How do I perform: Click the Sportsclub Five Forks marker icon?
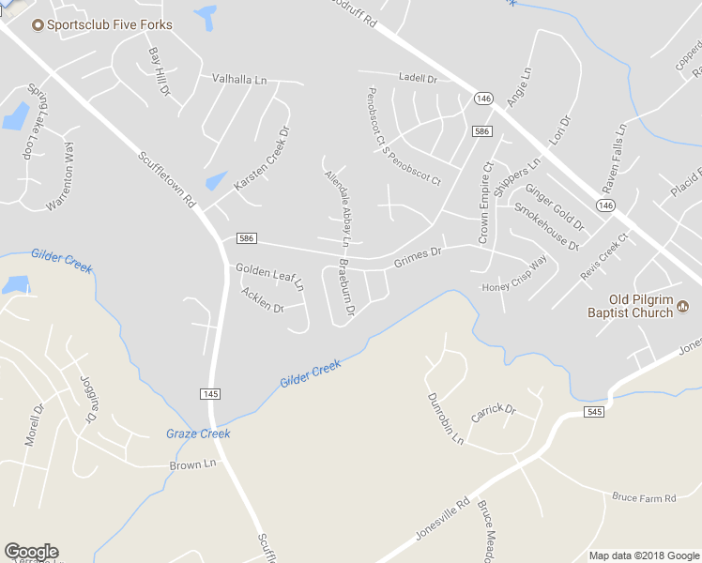coord(38,24)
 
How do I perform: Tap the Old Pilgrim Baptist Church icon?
coord(682,305)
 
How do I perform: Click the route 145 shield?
coord(208,392)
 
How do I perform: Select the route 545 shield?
coord(592,412)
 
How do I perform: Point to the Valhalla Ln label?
coord(239,80)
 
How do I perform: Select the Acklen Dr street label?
coord(262,300)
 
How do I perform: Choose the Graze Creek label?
coord(198,434)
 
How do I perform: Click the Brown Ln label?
coord(192,464)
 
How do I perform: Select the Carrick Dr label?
coord(494,411)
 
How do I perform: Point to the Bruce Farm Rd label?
coord(644,497)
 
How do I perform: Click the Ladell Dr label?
coord(418,79)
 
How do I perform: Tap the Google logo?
coord(31,552)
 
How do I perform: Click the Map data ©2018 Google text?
coord(644,555)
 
